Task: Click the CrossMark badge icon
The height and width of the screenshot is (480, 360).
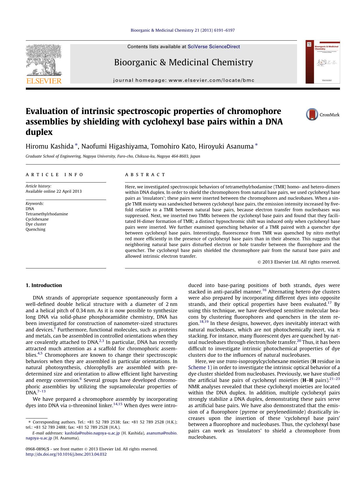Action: tap(312, 114)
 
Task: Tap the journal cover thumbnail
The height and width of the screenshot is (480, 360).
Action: tap(323, 62)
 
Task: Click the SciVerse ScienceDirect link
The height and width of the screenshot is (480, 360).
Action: tap(214, 46)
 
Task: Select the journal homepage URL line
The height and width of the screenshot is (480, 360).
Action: tap(184, 80)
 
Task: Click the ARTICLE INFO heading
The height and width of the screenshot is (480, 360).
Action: tap(55, 175)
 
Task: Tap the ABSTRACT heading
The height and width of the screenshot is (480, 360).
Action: tap(145, 175)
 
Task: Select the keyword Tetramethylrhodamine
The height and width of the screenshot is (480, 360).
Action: tap(47, 214)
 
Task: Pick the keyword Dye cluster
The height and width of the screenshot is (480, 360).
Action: tap(36, 224)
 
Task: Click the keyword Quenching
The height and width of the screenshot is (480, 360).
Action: tap(35, 229)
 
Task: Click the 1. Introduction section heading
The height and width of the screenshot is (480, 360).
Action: tap(44, 285)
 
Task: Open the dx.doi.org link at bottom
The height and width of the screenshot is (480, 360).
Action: tap(66, 454)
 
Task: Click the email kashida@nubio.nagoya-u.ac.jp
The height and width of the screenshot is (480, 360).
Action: tap(92, 433)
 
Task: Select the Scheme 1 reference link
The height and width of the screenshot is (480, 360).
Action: tap(200, 367)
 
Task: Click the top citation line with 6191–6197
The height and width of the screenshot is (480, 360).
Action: tap(182, 30)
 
